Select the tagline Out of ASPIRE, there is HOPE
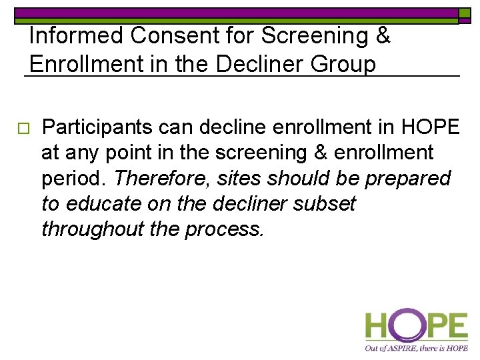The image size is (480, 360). [415, 348]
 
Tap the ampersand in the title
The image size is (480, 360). [383, 36]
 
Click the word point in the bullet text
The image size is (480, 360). [121, 153]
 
